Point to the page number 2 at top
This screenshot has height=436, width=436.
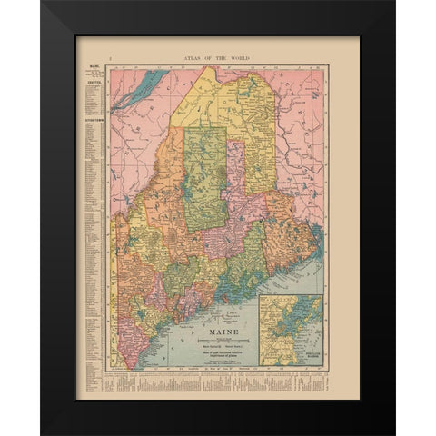(x=109, y=56)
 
